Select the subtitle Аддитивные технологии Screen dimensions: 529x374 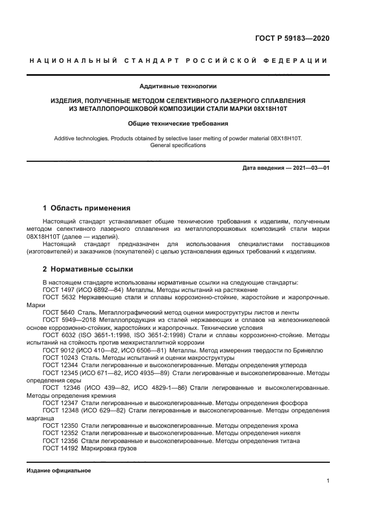coord(178,86)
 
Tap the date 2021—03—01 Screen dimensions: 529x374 coord(309,168)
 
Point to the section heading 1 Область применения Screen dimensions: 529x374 coord(87,208)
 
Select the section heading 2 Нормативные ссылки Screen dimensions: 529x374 coord(88,269)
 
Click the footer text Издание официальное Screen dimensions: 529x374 coord(59,471)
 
